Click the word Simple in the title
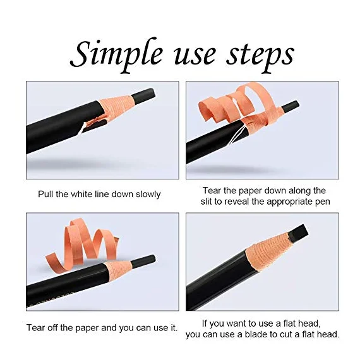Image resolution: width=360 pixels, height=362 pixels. (x=116, y=55)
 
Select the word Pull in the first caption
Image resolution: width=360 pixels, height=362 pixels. (x=45, y=194)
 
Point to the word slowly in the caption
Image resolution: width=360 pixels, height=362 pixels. (x=148, y=195)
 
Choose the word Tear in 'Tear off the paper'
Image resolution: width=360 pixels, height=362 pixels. (x=35, y=328)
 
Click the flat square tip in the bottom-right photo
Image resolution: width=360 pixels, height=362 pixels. (x=298, y=233)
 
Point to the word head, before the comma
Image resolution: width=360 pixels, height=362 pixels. (x=309, y=323)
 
